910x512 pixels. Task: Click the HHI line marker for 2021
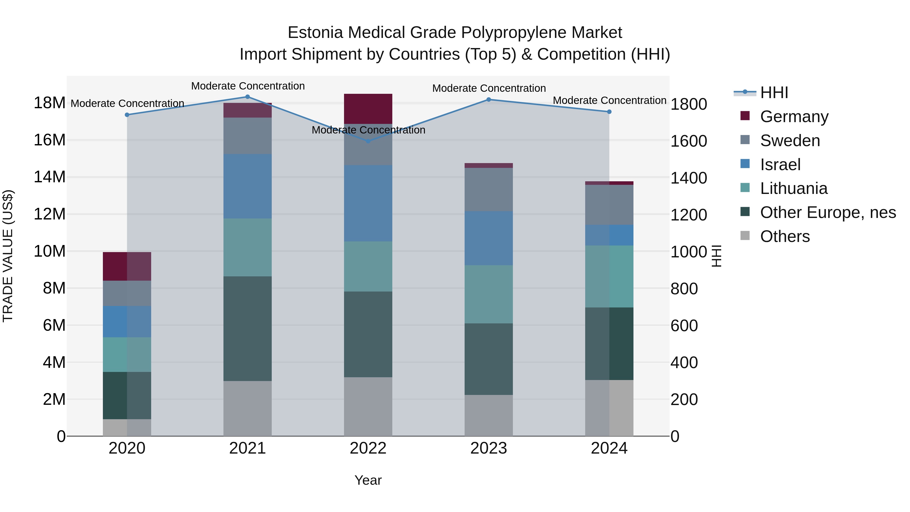pyautogui.click(x=248, y=97)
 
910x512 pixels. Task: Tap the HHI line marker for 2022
pyautogui.click(x=368, y=141)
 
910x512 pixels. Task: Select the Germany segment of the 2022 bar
pyautogui.click(x=368, y=109)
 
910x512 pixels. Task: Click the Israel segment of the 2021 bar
pyautogui.click(x=248, y=186)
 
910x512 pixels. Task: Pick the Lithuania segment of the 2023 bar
pyautogui.click(x=489, y=294)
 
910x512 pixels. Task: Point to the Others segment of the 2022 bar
pyautogui.click(x=368, y=406)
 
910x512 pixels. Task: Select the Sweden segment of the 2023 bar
pyautogui.click(x=489, y=189)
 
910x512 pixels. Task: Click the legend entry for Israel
pyautogui.click(x=780, y=165)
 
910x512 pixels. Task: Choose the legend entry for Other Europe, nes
pyautogui.click(x=828, y=213)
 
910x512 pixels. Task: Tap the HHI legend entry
pyautogui.click(x=774, y=93)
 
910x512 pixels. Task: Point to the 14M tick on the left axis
pyautogui.click(x=50, y=177)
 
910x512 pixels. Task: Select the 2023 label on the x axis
pyautogui.click(x=489, y=448)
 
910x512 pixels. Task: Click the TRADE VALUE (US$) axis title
pyautogui.click(x=8, y=256)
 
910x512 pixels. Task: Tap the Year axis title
pyautogui.click(x=368, y=480)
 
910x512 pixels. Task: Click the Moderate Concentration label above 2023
pyautogui.click(x=489, y=88)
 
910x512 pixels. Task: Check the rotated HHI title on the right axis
pyautogui.click(x=716, y=256)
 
